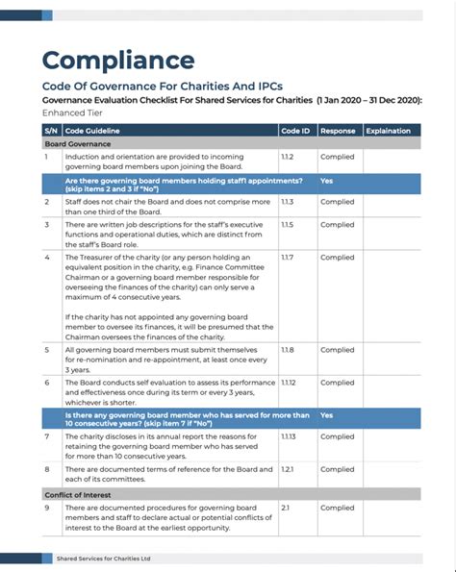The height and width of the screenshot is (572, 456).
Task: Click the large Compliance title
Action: pyautogui.click(x=117, y=61)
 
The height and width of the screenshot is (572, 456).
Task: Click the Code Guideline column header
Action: pyautogui.click(x=91, y=130)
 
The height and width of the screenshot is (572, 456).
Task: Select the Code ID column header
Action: pyautogui.click(x=295, y=130)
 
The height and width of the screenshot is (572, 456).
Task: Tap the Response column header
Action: pyautogui.click(x=337, y=130)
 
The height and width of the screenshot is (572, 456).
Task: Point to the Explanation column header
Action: pyautogui.click(x=388, y=130)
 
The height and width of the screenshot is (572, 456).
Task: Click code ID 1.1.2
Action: pyautogui.click(x=287, y=156)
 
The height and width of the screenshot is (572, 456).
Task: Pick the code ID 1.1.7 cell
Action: pyautogui.click(x=287, y=258)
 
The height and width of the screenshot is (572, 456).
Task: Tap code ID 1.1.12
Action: pyautogui.click(x=289, y=383)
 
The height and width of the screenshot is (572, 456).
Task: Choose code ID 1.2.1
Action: pyautogui.click(x=287, y=469)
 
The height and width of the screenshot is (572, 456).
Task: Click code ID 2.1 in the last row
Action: pyautogui.click(x=285, y=506)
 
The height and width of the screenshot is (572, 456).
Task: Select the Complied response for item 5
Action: pyautogui.click(x=337, y=350)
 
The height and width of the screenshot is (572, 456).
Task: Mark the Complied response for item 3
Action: pyautogui.click(x=337, y=225)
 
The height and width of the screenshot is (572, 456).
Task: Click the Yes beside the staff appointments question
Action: pyautogui.click(x=326, y=180)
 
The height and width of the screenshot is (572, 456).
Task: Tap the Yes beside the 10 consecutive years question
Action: pyautogui.click(x=326, y=415)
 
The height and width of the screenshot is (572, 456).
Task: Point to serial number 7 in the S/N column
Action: pyautogui.click(x=47, y=436)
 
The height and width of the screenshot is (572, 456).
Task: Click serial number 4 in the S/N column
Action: pyautogui.click(x=47, y=258)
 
